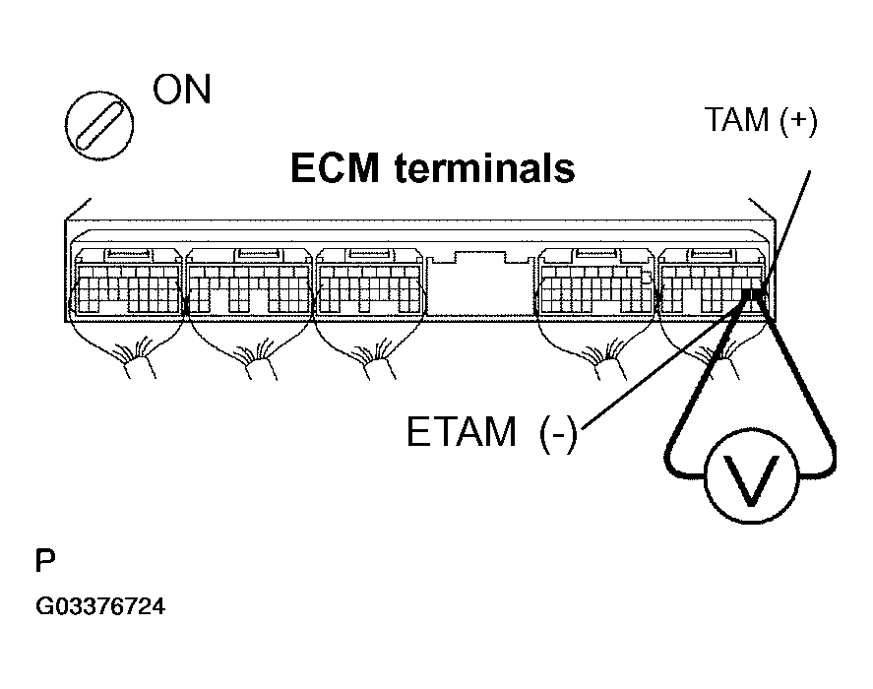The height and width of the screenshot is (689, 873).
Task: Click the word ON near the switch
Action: coord(182,90)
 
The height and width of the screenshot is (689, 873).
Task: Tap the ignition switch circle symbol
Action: coord(99,125)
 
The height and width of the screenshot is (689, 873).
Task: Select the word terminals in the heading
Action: coord(484,168)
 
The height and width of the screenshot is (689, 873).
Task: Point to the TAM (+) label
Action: coord(761,120)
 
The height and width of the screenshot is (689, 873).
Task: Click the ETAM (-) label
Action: coord(492,432)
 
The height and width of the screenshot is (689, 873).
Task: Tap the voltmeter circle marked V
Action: coord(751,475)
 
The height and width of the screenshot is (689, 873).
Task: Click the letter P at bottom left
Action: coord(45,561)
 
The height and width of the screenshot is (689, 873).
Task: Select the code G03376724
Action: coord(100,606)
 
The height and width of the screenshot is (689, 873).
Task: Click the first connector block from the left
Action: coord(129,282)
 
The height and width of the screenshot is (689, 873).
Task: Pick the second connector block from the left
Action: coord(248,282)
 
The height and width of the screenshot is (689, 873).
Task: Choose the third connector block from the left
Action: coord(370,282)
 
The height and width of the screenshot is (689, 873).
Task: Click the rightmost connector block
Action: coord(712,282)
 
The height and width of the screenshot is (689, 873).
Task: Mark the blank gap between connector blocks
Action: coord(481,285)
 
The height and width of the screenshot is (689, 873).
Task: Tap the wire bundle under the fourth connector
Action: coord(603,362)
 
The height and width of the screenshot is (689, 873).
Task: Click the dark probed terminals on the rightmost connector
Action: coord(755,293)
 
